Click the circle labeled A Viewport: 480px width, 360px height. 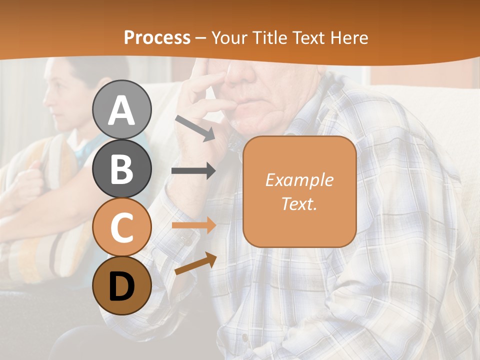coord(122,109)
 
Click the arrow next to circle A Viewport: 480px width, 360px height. coord(195,128)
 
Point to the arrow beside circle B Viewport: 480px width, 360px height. coord(193,171)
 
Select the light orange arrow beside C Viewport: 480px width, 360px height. coord(193,225)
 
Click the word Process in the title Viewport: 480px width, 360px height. coord(157,38)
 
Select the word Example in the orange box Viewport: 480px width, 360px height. coord(299,180)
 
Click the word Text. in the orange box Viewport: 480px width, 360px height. coord(299,203)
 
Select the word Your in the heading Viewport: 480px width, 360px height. coord(229,38)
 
